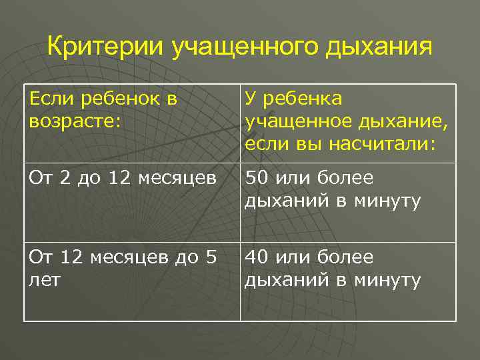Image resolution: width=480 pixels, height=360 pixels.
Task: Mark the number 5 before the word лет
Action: tap(211, 258)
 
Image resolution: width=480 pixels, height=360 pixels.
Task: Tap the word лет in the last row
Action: tap(45, 280)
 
